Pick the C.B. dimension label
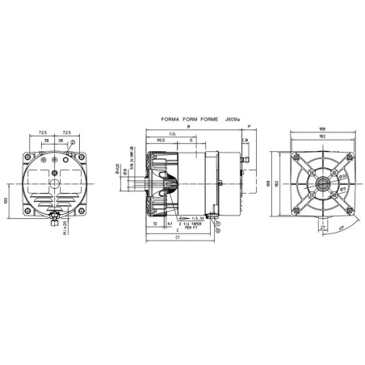[244, 140]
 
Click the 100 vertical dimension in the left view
[8, 199]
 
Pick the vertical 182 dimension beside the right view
[279, 185]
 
